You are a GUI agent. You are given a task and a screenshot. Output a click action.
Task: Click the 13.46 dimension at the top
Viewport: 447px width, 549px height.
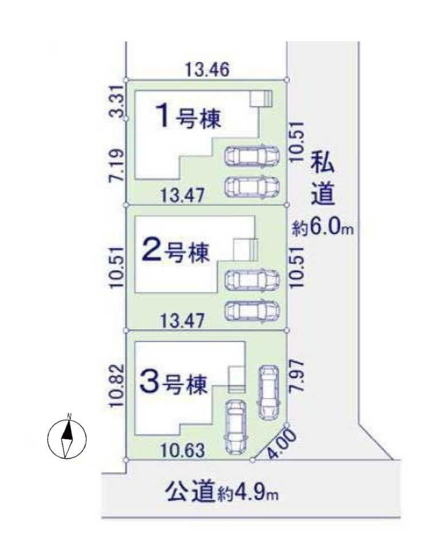(x=207, y=69)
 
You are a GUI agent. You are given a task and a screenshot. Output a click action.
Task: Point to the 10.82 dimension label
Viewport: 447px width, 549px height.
(x=117, y=385)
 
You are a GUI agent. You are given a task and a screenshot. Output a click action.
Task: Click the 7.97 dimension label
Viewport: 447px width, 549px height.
(x=296, y=377)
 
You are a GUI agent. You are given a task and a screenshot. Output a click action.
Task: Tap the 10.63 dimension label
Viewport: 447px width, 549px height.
(x=183, y=450)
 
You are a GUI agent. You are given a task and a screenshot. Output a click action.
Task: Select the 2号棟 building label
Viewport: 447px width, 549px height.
(x=176, y=252)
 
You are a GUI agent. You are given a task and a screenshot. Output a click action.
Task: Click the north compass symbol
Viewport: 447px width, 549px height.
(x=67, y=437)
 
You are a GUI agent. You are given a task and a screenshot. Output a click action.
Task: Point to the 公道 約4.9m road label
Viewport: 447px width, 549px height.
(x=221, y=492)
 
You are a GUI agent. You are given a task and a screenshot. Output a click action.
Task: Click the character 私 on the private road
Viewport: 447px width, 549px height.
(x=323, y=161)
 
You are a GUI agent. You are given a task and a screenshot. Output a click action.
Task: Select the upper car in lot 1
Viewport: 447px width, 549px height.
(x=252, y=156)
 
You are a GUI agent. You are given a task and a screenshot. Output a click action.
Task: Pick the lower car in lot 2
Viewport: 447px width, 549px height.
(x=252, y=310)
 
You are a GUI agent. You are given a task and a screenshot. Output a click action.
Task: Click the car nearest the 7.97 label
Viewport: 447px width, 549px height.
(x=268, y=392)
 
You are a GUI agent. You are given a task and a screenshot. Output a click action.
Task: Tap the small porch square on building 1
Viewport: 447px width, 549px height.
(x=260, y=98)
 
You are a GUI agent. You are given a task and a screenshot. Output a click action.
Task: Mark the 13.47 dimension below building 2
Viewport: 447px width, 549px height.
(x=182, y=321)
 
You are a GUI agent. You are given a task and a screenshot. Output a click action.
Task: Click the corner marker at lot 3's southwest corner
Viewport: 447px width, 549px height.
(x=126, y=460)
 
